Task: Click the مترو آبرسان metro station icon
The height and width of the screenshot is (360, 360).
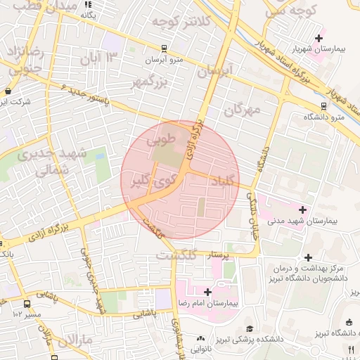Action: click(164, 49)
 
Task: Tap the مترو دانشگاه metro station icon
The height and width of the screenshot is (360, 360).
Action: click(323, 106)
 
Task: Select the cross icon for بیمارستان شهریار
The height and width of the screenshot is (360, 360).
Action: click(319, 38)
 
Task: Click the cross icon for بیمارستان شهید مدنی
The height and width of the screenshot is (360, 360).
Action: click(303, 210)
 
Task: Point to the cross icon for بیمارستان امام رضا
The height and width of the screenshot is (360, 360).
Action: click(207, 292)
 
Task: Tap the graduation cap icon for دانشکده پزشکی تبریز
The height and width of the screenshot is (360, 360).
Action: click(249, 328)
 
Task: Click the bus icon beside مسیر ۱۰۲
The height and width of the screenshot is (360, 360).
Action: click(27, 304)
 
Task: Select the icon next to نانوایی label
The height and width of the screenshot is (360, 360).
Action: click(202, 338)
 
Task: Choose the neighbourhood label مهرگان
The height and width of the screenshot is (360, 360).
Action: click(243, 109)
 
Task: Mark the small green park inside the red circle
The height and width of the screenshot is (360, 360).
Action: click(200, 207)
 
